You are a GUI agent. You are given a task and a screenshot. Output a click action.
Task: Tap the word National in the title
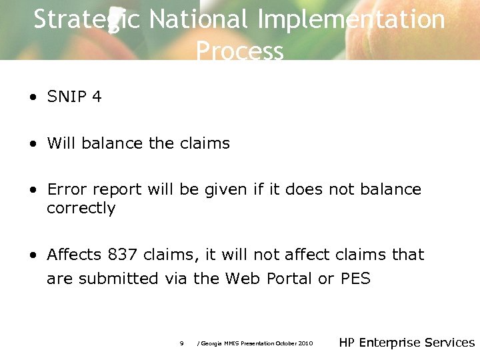[199, 20]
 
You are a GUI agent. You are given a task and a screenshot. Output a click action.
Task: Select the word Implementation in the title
[351, 20]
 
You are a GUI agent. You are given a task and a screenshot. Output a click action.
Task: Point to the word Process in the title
[240, 51]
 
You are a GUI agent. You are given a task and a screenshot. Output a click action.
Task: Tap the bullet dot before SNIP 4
[33, 97]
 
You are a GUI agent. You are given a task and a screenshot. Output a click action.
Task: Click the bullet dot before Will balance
[33, 144]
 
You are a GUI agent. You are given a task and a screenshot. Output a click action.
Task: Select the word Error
[66, 189]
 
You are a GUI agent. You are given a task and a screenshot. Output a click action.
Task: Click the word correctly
[81, 209]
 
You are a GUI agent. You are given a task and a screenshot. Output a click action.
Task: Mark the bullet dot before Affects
[33, 255]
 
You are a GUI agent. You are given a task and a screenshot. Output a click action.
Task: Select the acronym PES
[355, 279]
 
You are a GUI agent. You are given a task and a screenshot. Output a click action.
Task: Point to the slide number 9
[181, 343]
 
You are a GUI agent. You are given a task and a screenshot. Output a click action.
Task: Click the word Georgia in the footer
[213, 343]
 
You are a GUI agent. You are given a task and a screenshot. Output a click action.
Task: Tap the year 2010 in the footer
[305, 343]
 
